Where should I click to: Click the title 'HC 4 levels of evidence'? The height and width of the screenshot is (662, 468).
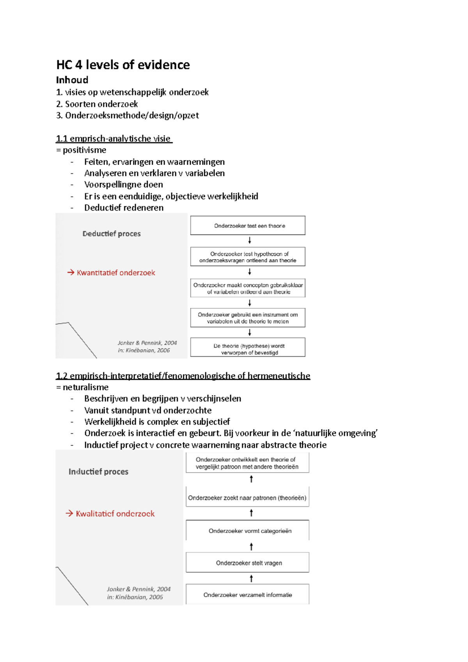click(123, 65)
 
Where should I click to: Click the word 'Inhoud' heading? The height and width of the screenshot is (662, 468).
click(72, 80)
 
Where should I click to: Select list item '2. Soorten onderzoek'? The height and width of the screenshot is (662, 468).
click(97, 104)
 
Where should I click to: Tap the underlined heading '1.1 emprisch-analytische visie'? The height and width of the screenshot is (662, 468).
click(113, 138)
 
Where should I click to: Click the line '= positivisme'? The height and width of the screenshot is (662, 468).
click(81, 150)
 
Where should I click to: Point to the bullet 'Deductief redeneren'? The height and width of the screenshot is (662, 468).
click(124, 208)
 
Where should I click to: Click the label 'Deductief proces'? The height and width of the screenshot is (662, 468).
click(112, 234)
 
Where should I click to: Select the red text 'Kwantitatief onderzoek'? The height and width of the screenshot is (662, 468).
click(116, 273)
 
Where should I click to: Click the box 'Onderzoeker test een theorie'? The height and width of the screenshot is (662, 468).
click(248, 226)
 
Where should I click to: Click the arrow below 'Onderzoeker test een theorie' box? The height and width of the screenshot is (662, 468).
click(250, 241)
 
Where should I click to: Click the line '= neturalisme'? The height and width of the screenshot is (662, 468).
click(82, 387)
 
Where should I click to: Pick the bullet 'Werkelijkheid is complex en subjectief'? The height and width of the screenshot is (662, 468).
click(157, 422)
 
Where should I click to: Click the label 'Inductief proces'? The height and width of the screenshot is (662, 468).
click(98, 472)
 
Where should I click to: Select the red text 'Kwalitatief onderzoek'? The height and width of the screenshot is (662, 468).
click(115, 514)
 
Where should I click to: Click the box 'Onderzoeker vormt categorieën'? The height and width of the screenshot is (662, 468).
click(248, 531)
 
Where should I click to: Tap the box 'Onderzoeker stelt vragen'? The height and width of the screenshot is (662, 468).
click(248, 563)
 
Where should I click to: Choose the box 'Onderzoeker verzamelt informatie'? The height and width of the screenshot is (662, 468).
click(248, 595)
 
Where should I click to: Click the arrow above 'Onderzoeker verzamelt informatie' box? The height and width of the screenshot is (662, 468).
click(251, 578)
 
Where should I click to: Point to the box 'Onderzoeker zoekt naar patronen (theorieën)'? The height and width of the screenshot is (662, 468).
click(248, 497)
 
